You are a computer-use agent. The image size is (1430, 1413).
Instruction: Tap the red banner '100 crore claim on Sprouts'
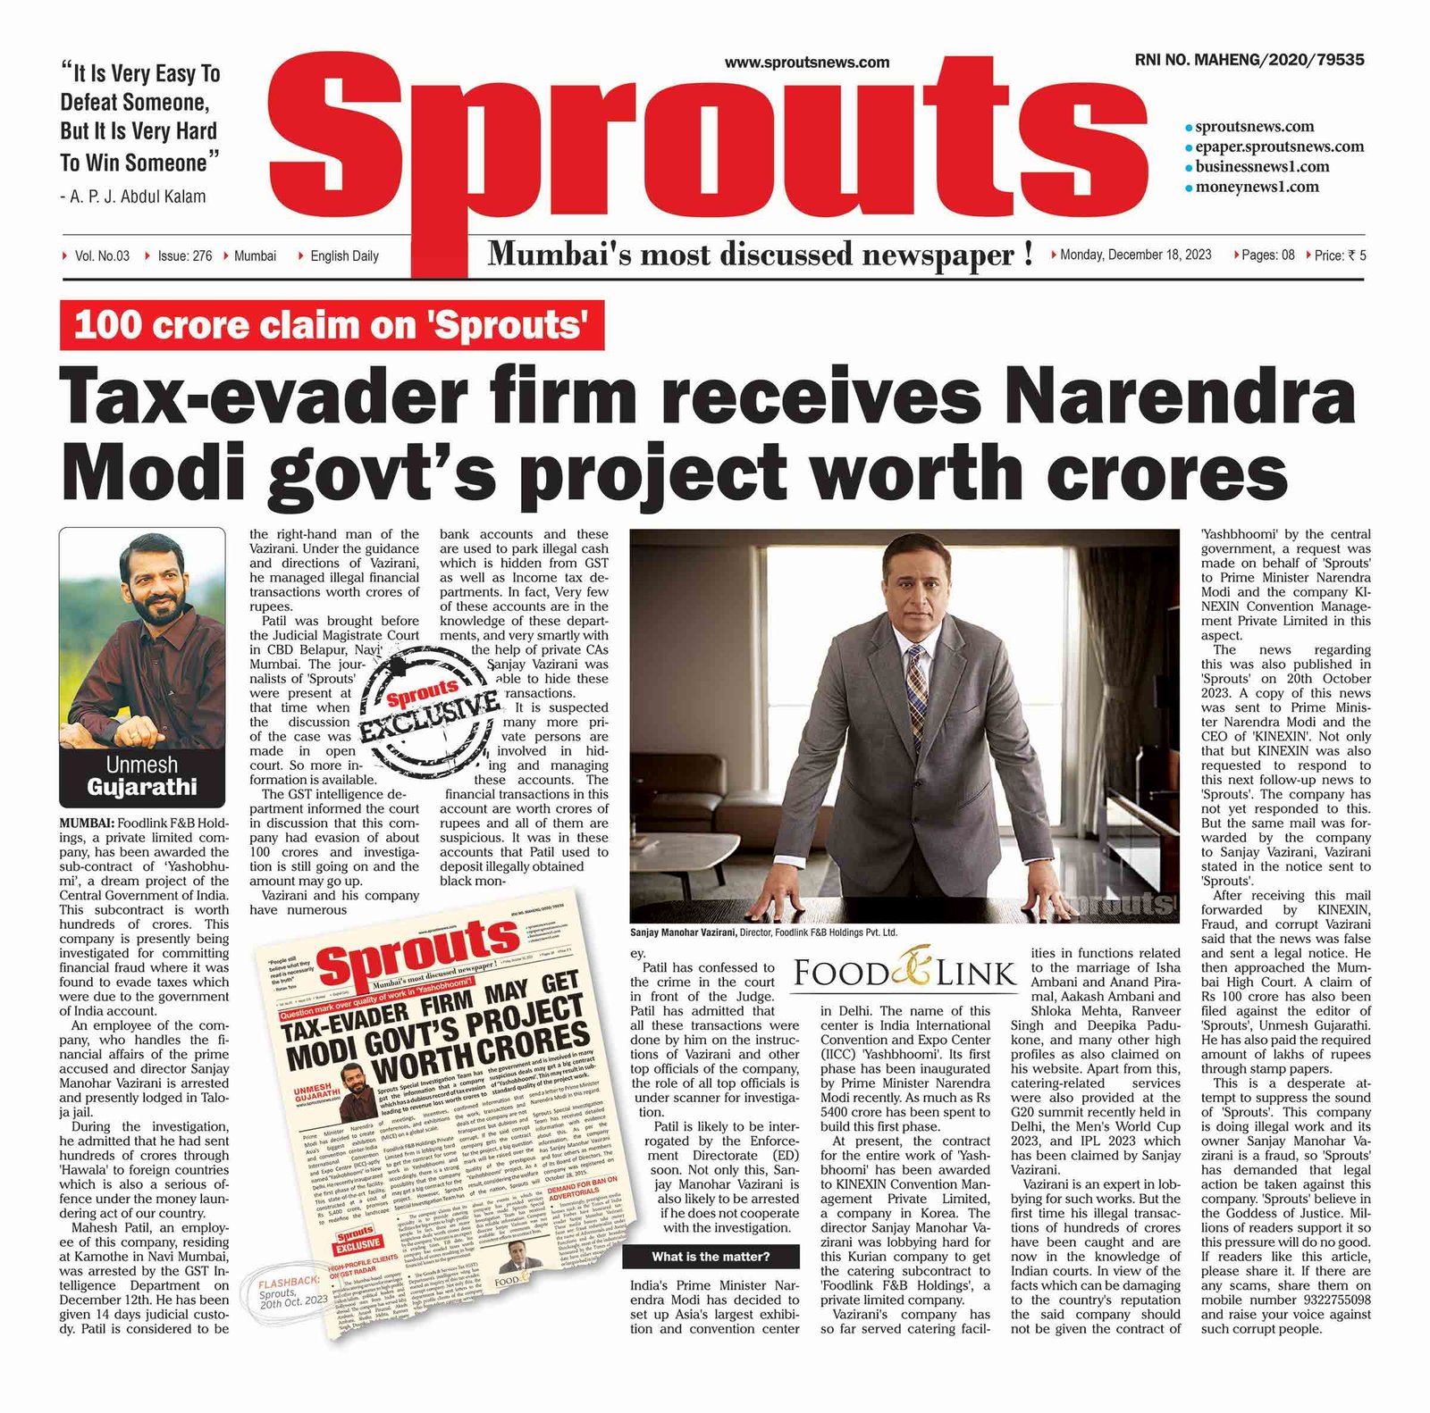tap(332, 326)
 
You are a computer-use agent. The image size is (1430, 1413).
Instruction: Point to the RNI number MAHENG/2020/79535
tap(1249, 60)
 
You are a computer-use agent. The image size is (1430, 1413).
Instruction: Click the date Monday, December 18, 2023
tap(1135, 255)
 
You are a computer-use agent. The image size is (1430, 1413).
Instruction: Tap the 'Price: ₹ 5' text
tap(1340, 255)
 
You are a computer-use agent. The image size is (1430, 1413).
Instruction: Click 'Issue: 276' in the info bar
tap(184, 256)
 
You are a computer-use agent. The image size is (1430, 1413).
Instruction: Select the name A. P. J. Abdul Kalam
tap(138, 196)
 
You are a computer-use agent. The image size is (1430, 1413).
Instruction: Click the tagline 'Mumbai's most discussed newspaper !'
tap(760, 255)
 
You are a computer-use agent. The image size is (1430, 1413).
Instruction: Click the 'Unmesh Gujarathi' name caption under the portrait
tap(142, 776)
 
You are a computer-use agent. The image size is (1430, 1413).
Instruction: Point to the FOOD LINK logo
tap(904, 973)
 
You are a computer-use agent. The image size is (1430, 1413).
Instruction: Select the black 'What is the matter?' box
tap(711, 1257)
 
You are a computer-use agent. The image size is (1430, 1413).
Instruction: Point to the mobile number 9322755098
tap(1330, 1300)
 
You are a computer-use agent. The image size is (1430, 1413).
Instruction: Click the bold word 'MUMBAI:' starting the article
tap(87, 823)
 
